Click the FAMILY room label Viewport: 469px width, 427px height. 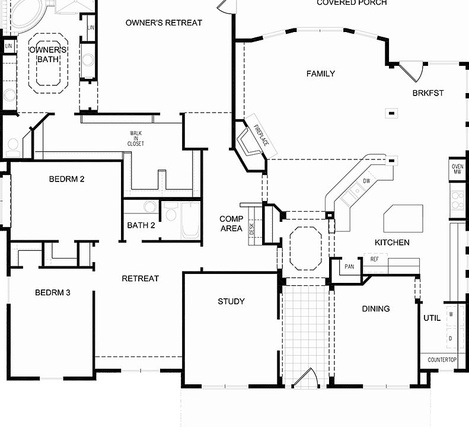tap(320, 74)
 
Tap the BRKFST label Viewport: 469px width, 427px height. tap(428, 93)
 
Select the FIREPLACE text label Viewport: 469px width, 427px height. tap(261, 136)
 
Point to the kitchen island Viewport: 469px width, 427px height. tap(403, 218)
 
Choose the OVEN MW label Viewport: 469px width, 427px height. tap(457, 169)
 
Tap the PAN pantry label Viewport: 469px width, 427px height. tap(349, 267)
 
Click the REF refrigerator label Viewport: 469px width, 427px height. tap(374, 259)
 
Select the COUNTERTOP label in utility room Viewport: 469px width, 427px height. tap(442, 360)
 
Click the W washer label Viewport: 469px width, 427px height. tap(451, 314)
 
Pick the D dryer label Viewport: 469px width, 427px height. tap(451, 338)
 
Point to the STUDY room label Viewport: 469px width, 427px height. tap(231, 301)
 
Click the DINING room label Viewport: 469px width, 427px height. tap(376, 308)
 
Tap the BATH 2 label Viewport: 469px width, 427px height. tap(141, 225)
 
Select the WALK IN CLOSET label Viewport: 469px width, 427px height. tap(136, 139)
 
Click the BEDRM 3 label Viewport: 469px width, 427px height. tap(53, 292)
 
